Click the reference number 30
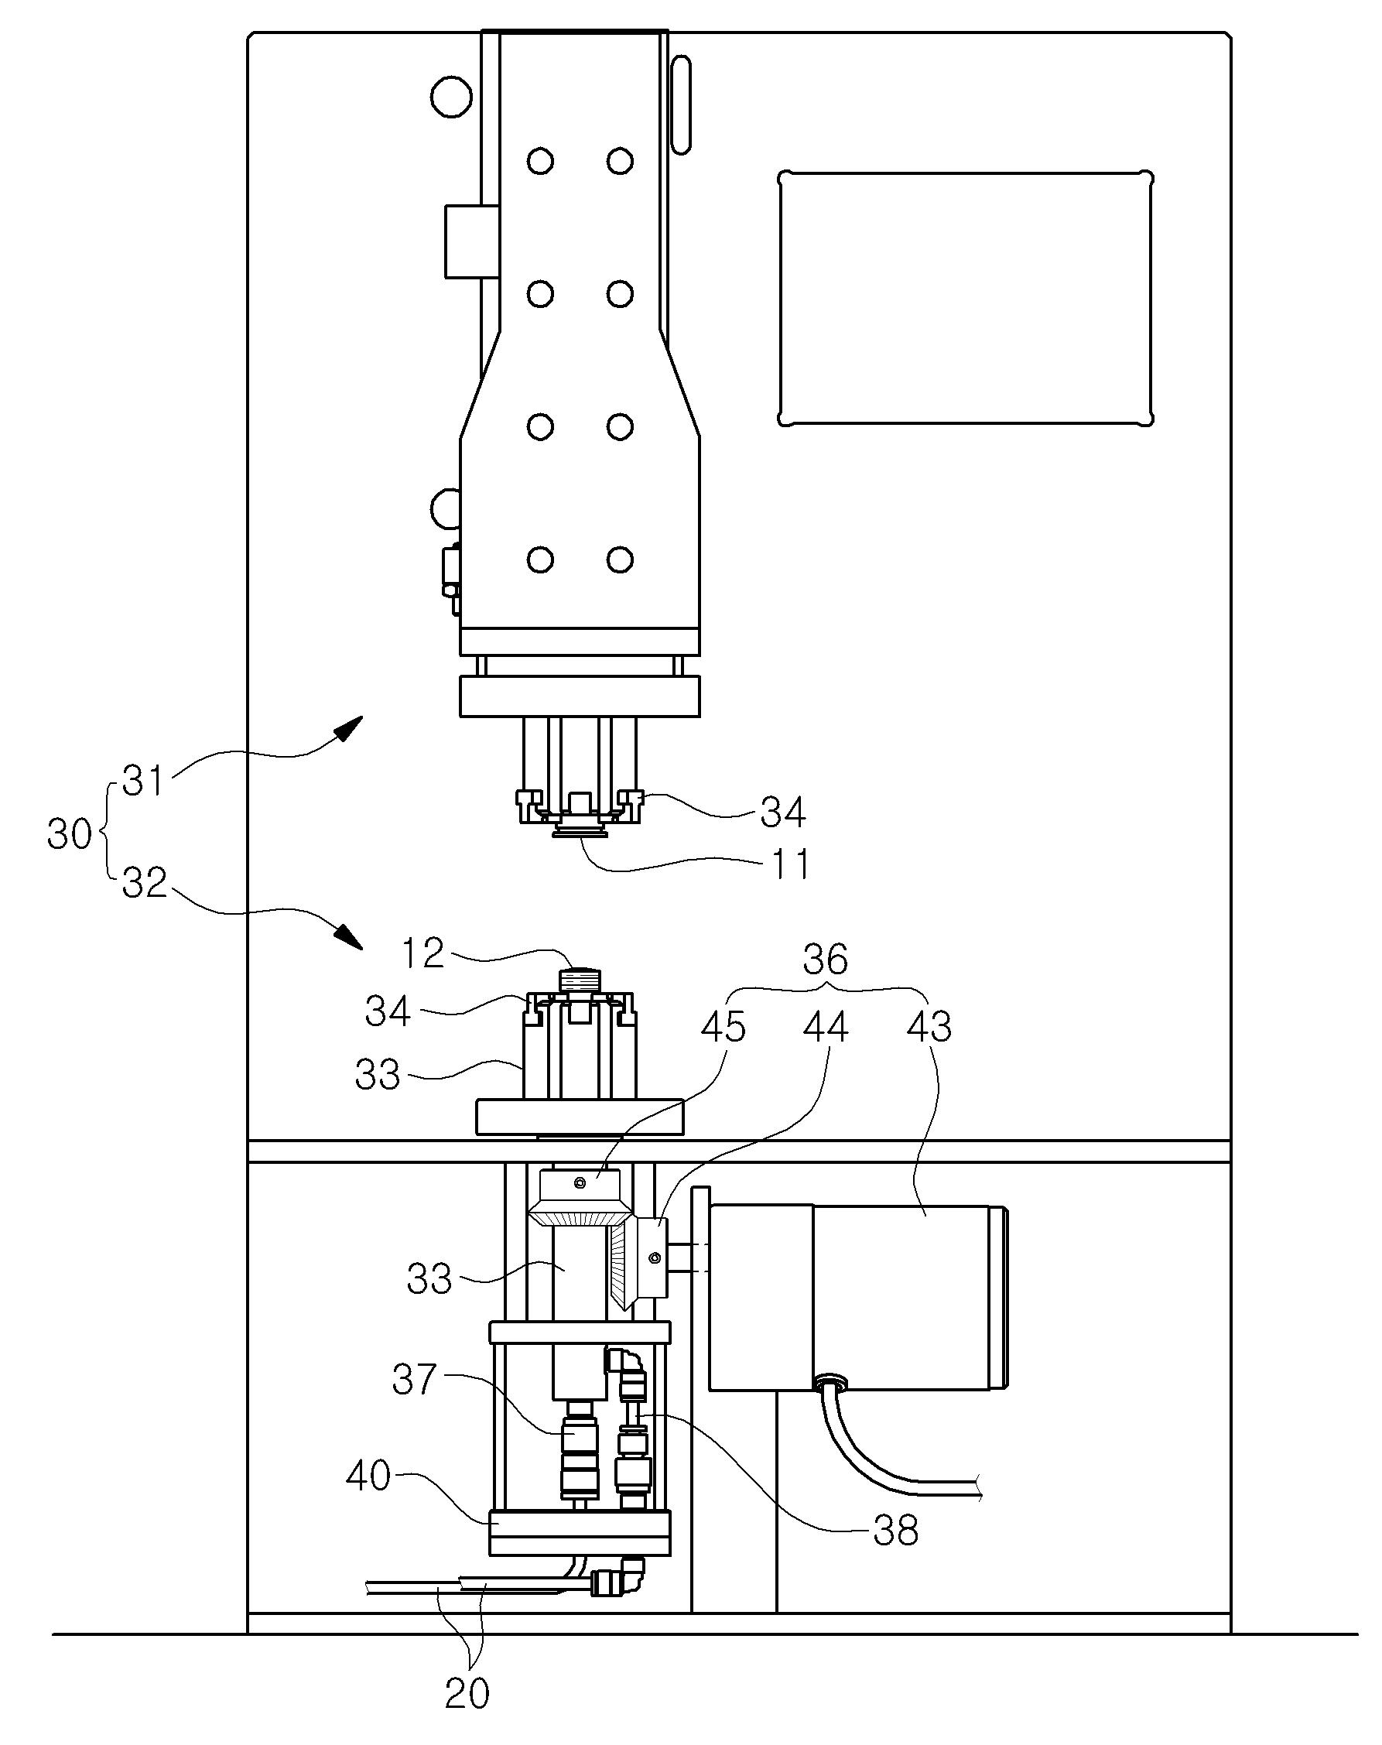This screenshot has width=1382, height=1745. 70,833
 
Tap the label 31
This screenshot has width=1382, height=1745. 143,782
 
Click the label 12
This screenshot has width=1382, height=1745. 422,954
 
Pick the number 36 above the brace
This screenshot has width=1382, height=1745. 826,960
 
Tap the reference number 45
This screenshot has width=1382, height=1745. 723,1028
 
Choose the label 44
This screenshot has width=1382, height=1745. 826,1028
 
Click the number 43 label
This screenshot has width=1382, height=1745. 929,1028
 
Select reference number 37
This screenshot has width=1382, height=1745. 414,1381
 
